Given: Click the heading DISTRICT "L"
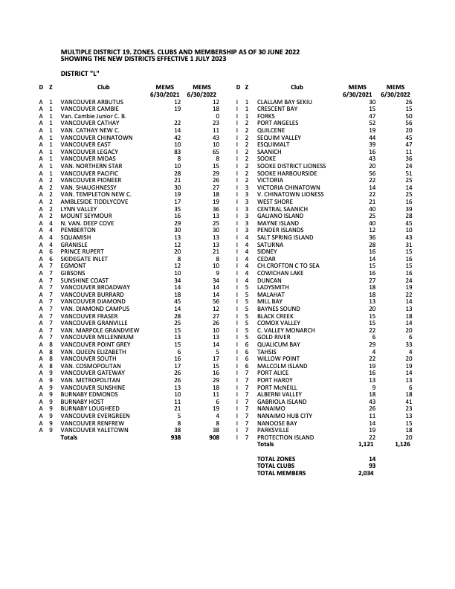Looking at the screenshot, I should point(80,73).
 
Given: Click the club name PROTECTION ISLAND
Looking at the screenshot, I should point(285,437).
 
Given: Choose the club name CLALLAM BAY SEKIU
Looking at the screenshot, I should point(284,101).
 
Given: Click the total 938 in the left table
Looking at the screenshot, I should point(175,437).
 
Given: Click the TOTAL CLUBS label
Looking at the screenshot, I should point(275,466).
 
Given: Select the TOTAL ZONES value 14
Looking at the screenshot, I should point(372,459).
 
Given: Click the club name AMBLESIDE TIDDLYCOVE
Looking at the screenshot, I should point(91,202).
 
